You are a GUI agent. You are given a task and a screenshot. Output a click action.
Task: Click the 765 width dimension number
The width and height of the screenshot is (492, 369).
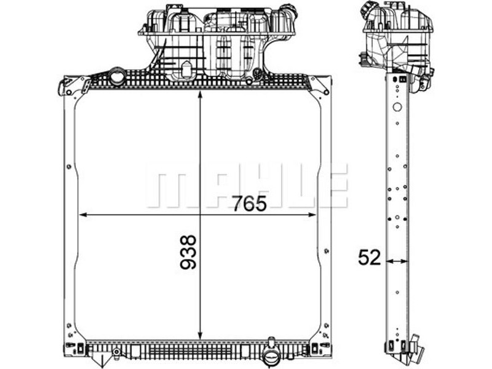coord(249,204)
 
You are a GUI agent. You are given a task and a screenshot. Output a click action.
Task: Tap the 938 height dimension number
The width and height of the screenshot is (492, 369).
coord(188,252)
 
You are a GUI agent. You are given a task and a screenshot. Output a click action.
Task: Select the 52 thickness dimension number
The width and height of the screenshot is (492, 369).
coord(370,258)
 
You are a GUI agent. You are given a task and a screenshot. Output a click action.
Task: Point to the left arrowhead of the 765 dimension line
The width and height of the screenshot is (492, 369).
coord(83,215)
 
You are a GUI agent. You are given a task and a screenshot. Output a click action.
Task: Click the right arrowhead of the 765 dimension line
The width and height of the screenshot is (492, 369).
coord(312,215)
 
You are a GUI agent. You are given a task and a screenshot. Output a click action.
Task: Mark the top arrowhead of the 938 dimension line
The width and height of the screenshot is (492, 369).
coord(200,95)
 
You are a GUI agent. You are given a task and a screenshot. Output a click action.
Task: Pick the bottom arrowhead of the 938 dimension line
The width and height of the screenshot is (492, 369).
coord(200,336)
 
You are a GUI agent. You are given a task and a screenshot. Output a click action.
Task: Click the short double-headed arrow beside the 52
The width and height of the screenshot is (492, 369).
coord(397,261)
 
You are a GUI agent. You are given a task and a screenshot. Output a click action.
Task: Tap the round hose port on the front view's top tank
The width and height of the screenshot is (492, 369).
coord(117,76)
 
